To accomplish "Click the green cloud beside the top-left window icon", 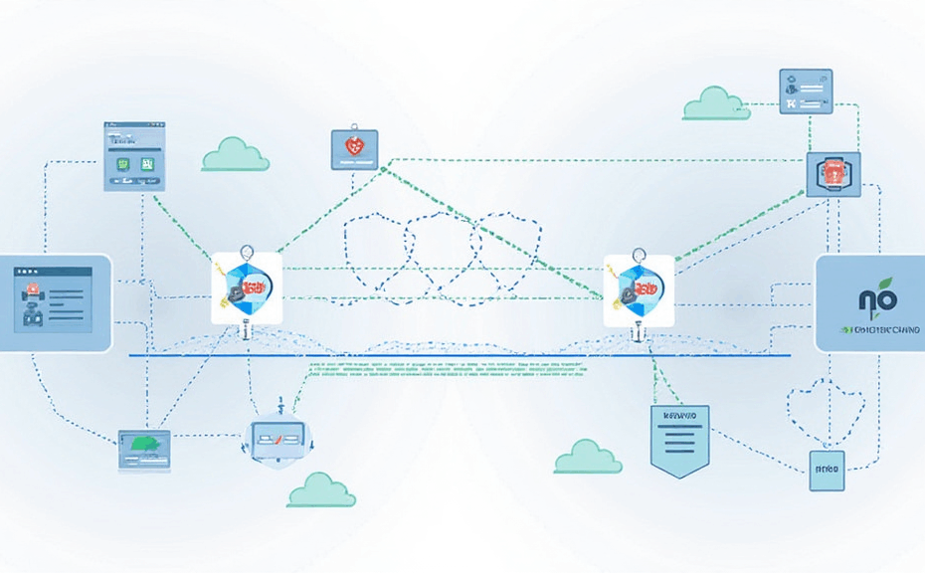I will pos(236,155).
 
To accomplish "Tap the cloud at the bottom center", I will pos(321,490).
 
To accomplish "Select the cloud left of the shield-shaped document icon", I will pos(588,457).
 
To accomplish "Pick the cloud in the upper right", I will pos(716,103).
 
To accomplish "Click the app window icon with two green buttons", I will pos(134,157).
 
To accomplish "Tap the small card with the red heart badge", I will pos(354,148).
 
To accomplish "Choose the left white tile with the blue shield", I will pos(247,287).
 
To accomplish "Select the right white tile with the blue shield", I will pos(639,289).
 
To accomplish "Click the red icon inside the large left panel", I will pos(31,289).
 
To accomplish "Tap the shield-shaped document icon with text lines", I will pos(679,435).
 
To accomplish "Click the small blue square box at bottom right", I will pos(827,467).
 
